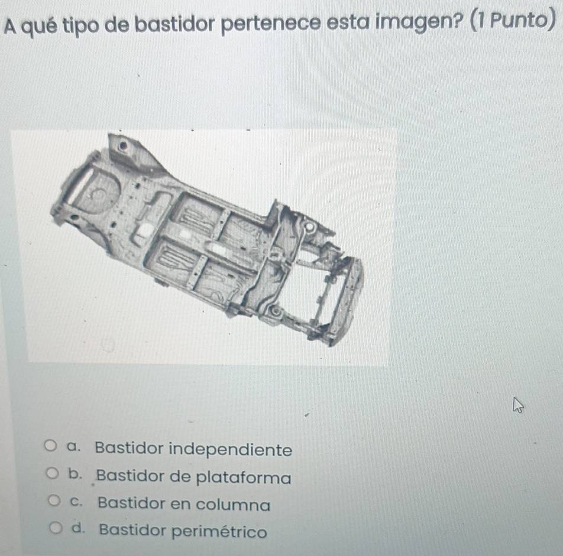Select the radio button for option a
pyautogui.click(x=50, y=446)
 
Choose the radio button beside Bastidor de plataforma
pyautogui.click(x=52, y=473)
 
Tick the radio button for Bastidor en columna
pyautogui.click(x=54, y=500)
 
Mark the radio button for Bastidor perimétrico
pyautogui.click(x=56, y=528)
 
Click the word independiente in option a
pyautogui.click(x=231, y=450)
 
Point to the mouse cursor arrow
pyautogui.click(x=518, y=405)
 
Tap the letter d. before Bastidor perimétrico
pyautogui.click(x=79, y=528)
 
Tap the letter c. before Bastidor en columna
pyautogui.click(x=76, y=502)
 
